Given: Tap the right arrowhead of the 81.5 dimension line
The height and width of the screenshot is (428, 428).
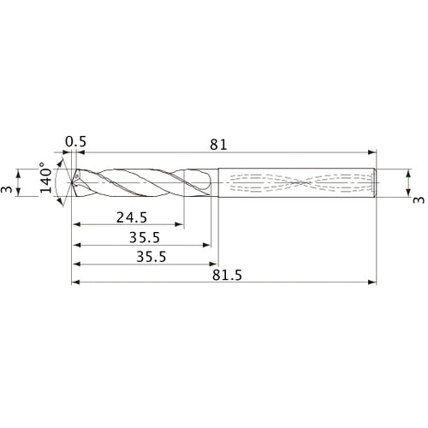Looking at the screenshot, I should [373, 282].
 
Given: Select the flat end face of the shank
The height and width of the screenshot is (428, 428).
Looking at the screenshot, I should [377, 181].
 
